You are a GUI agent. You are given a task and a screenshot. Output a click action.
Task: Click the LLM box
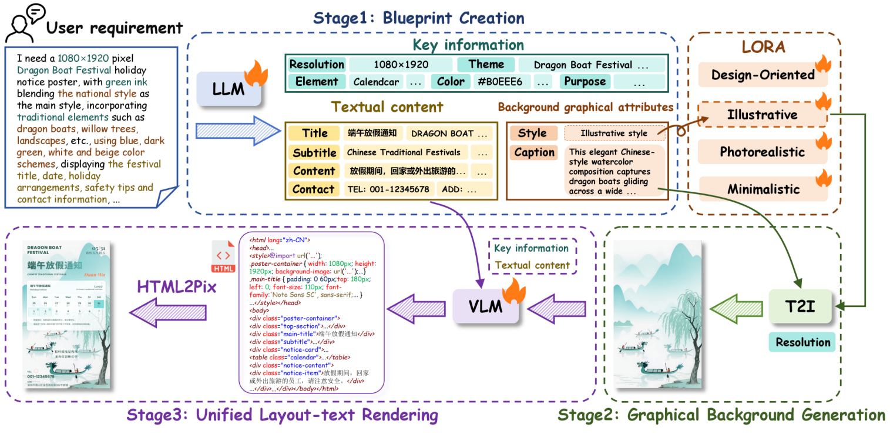click(x=227, y=89)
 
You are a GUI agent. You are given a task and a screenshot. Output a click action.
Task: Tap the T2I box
click(x=801, y=306)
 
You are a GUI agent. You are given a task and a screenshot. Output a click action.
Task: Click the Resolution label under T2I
click(x=802, y=342)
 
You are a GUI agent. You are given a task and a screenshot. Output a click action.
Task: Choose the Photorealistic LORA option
click(x=762, y=152)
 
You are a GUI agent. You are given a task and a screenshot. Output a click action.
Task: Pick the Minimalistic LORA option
click(x=763, y=189)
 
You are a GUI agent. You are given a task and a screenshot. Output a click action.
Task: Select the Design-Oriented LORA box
click(x=762, y=75)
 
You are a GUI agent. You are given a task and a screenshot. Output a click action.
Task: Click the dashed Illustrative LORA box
click(x=762, y=115)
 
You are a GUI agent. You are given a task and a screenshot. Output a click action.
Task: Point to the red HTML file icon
click(x=223, y=257)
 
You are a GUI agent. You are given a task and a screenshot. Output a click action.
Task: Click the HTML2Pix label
click(x=177, y=287)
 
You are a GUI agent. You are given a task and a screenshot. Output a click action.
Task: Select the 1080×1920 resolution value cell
click(x=401, y=65)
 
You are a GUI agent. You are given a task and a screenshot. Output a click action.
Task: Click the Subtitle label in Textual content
click(x=314, y=153)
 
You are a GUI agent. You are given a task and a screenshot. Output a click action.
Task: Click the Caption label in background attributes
click(x=534, y=152)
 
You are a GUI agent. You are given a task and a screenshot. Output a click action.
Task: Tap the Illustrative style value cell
click(x=613, y=133)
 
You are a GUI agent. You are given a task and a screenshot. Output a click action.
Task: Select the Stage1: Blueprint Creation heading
click(x=418, y=18)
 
